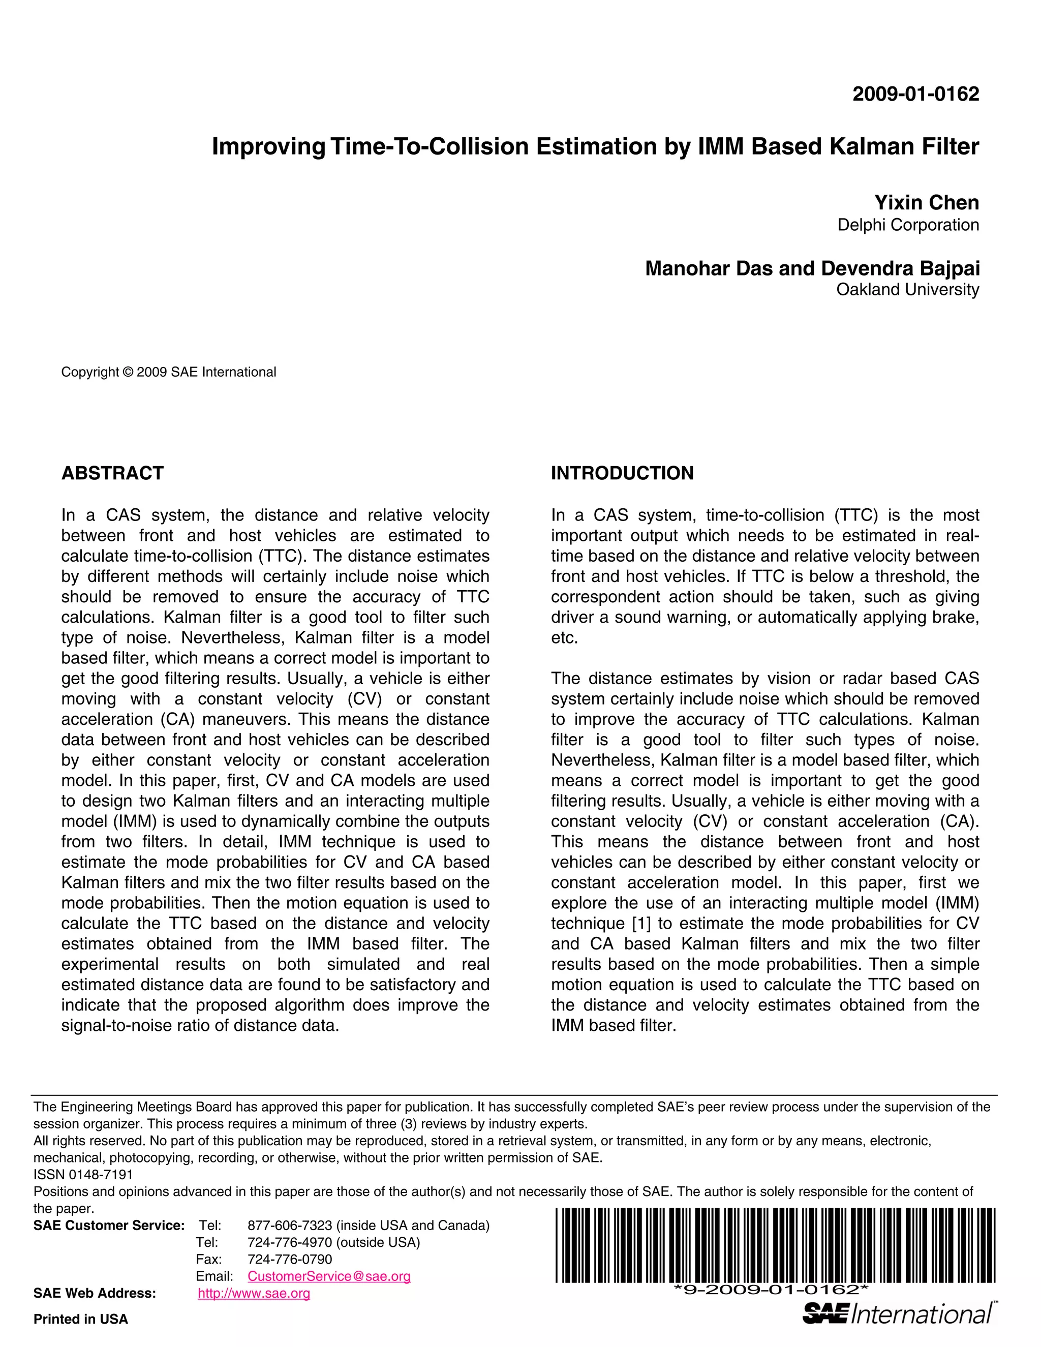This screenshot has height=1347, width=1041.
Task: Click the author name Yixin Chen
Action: click(x=926, y=202)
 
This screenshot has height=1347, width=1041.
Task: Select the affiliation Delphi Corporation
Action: click(x=908, y=225)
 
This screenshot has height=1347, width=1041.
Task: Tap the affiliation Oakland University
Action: click(x=907, y=289)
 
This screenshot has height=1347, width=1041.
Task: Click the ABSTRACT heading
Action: click(x=112, y=473)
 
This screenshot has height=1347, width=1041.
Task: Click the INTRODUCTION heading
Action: click(x=622, y=473)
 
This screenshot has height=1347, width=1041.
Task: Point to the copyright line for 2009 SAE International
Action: click(x=168, y=372)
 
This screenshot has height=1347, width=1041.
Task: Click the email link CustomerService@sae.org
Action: click(x=329, y=1276)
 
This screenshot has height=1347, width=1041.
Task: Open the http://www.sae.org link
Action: click(x=254, y=1293)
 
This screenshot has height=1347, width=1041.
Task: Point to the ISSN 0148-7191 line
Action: click(x=83, y=1174)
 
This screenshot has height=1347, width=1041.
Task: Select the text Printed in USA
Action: click(x=81, y=1319)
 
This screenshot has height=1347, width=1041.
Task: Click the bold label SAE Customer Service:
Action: click(x=109, y=1226)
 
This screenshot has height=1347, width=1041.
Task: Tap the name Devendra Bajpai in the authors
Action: click(x=900, y=268)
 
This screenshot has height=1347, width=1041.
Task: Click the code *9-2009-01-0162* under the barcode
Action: click(x=771, y=1289)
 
